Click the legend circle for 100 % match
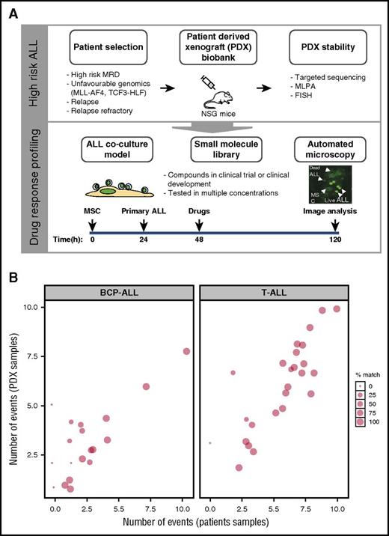pyautogui.click(x=362, y=443)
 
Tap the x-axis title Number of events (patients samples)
pyautogui.click(x=197, y=526)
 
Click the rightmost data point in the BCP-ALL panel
pyautogui.click(x=186, y=351)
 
